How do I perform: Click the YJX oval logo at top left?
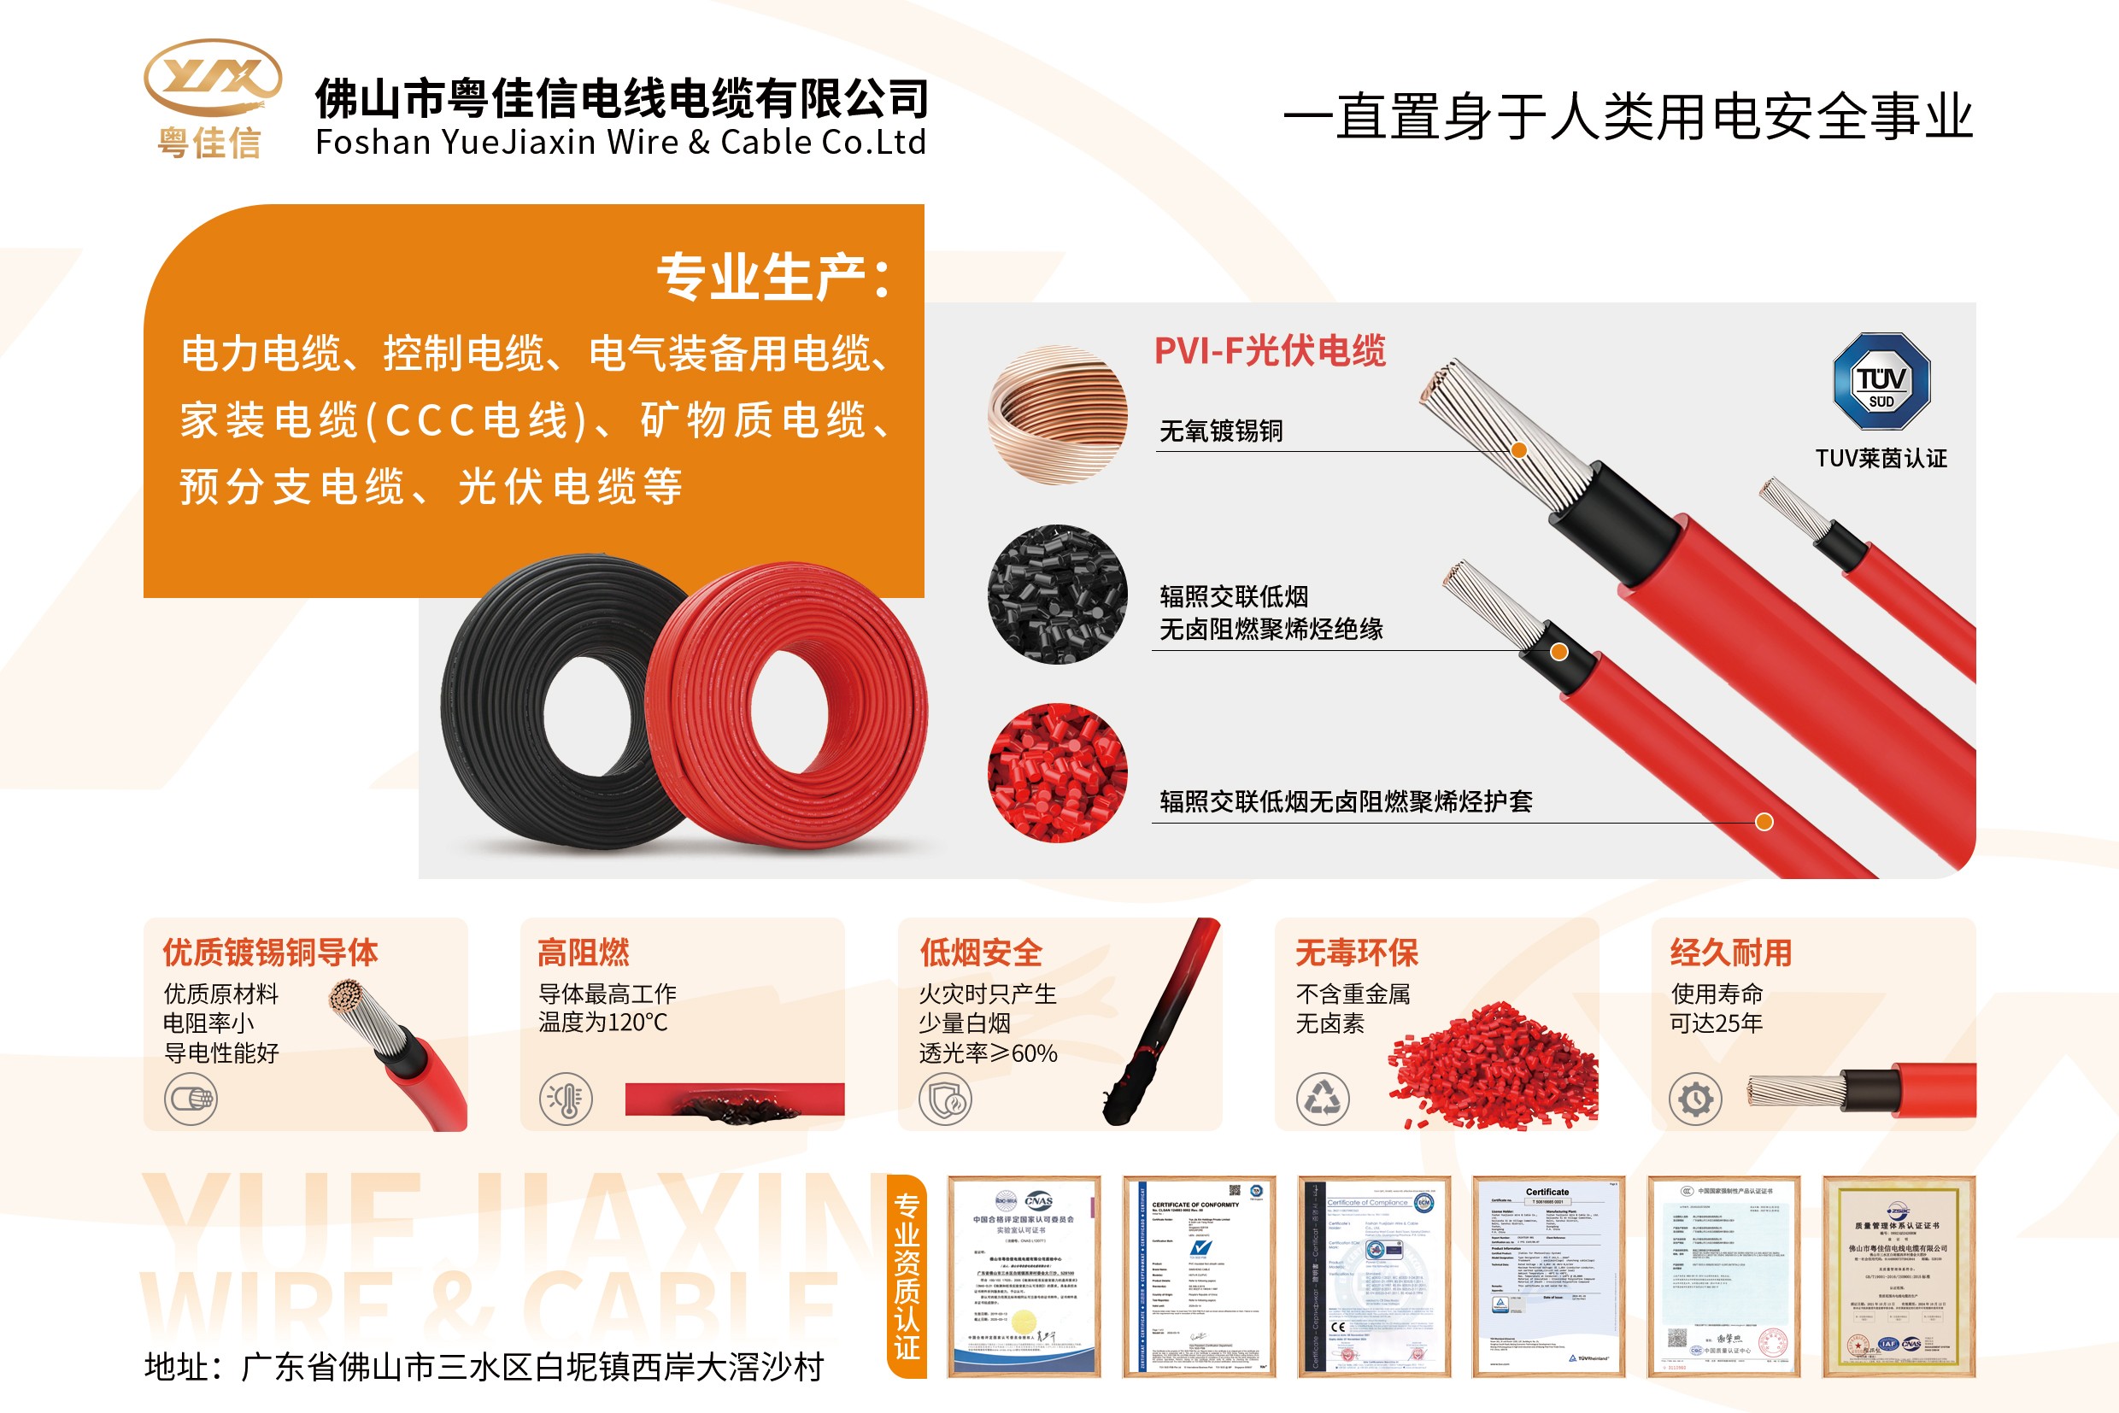point(213,78)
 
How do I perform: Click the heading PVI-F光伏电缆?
point(1270,351)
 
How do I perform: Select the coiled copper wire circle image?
point(1057,415)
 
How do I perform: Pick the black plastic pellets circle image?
point(1057,595)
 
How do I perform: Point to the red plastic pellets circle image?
point(1057,773)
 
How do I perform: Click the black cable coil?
point(549,703)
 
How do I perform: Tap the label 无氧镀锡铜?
point(1220,431)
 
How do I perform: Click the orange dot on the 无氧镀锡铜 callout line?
point(1518,450)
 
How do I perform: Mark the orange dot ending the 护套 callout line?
point(1764,822)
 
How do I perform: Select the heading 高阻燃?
point(584,953)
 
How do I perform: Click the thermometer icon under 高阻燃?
point(565,1099)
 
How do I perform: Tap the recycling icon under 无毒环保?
point(1322,1099)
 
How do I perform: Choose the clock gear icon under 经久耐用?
point(1695,1099)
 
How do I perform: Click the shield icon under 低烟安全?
point(945,1099)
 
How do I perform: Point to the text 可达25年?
point(1716,1023)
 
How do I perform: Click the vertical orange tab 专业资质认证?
point(907,1276)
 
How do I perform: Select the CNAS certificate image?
point(1024,1276)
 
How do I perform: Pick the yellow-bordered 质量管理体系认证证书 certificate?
point(1899,1276)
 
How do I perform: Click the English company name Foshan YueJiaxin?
point(620,143)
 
